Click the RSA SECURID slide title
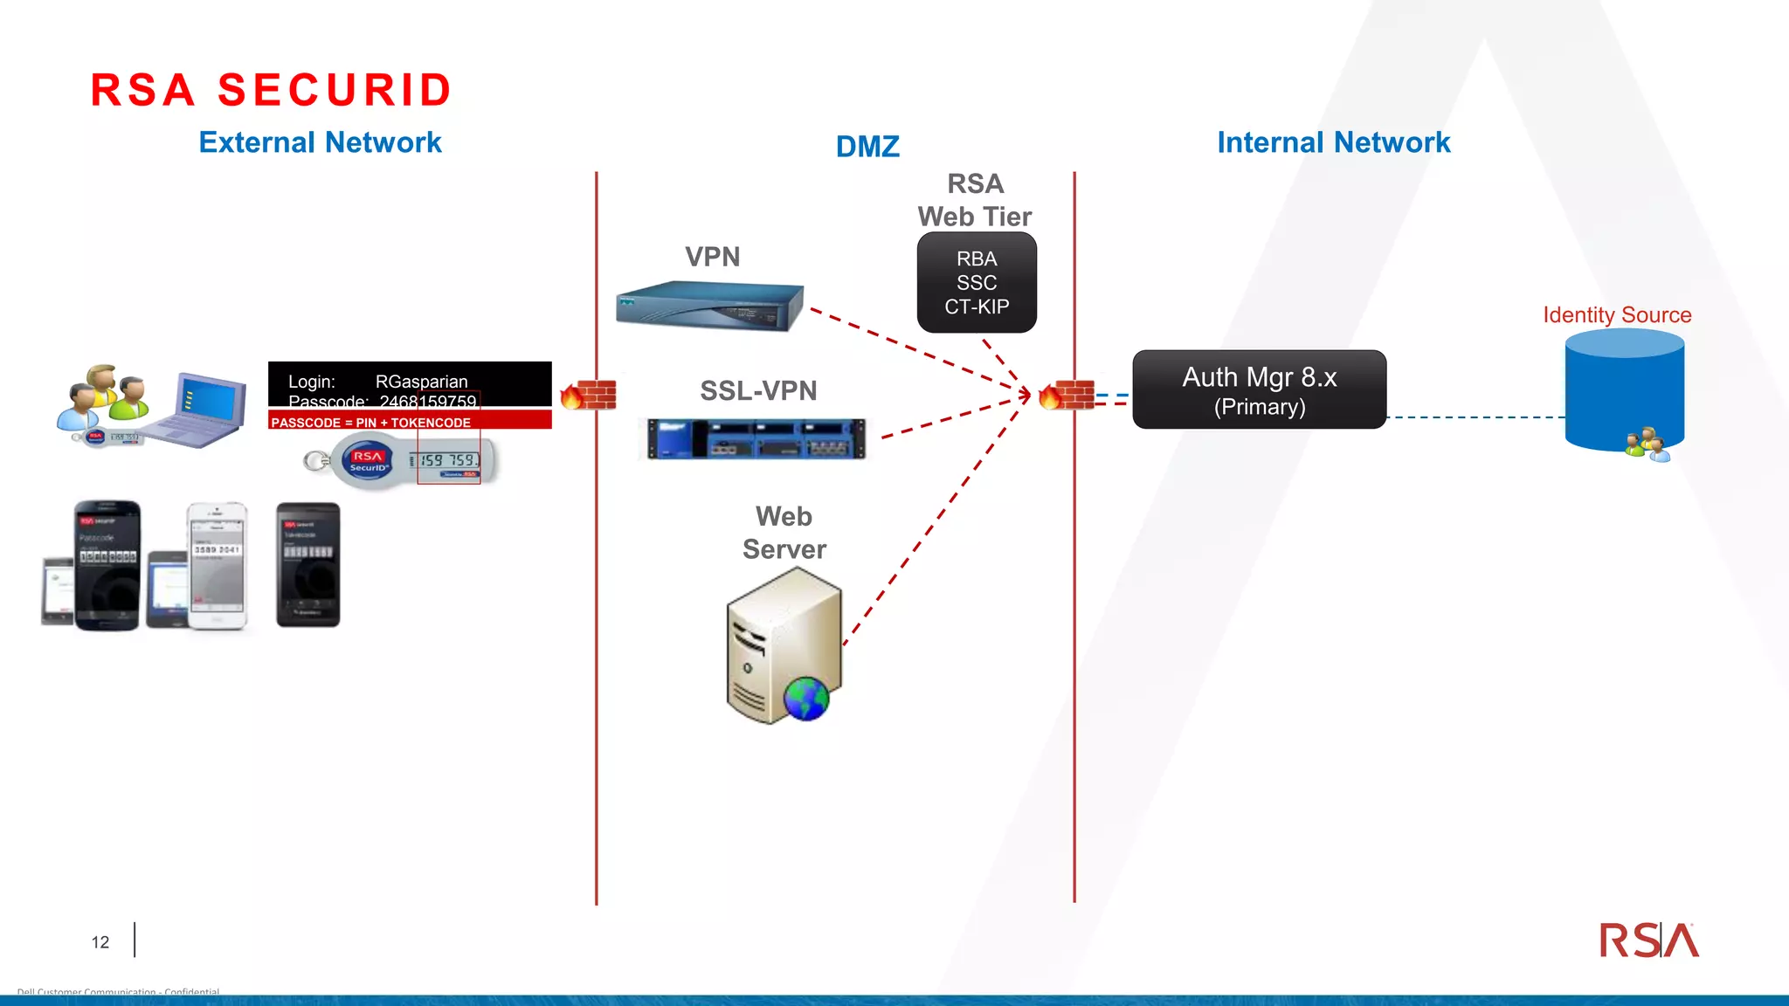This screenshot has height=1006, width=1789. click(x=271, y=91)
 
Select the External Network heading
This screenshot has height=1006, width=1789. click(x=320, y=142)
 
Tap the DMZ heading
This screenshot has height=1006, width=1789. click(x=867, y=147)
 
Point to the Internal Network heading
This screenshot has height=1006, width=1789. click(x=1333, y=142)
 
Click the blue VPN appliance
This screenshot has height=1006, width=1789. click(x=709, y=306)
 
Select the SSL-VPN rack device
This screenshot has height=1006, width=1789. click(x=756, y=438)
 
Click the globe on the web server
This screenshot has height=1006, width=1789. click(x=805, y=699)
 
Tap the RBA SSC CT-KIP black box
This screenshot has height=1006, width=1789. click(x=977, y=282)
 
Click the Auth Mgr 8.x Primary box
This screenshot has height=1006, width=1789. click(x=1259, y=389)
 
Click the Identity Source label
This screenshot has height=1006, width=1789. click(x=1616, y=315)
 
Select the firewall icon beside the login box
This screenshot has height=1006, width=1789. click(x=589, y=395)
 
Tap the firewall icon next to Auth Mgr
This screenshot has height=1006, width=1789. click(x=1067, y=395)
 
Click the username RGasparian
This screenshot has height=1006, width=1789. click(x=421, y=382)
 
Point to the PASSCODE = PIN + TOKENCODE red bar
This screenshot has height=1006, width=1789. click(x=409, y=422)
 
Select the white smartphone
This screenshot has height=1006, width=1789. click(x=218, y=565)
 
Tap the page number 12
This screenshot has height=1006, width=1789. click(x=100, y=942)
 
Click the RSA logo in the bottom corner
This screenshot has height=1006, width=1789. click(x=1648, y=941)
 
